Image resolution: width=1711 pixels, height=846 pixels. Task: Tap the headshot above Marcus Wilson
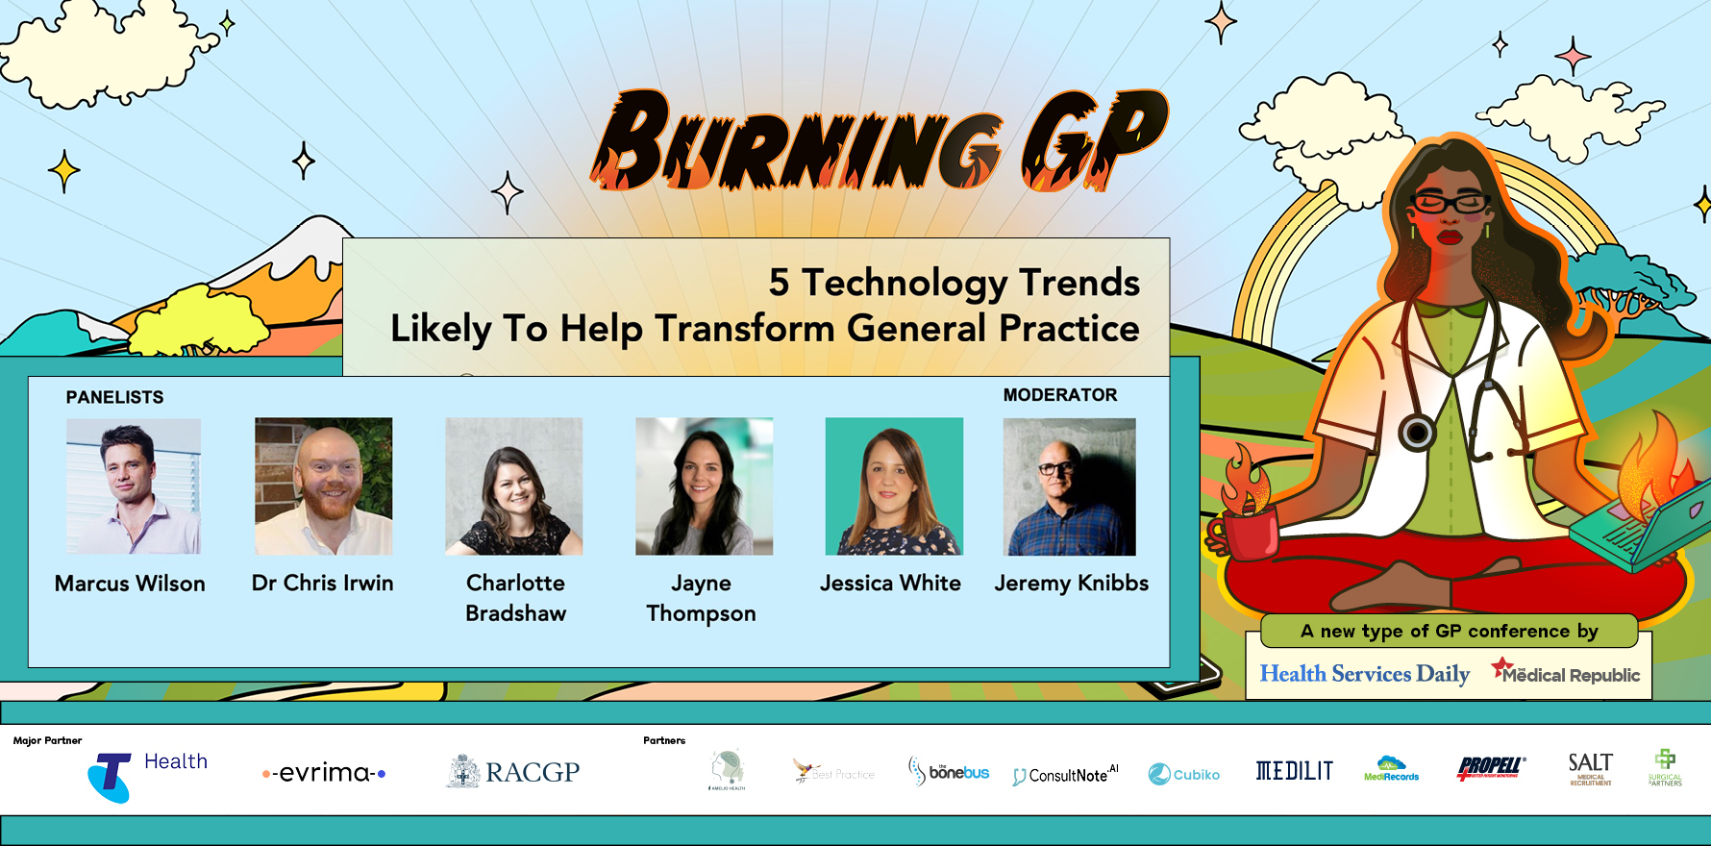point(134,485)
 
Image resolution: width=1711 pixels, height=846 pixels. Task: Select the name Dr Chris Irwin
point(322,583)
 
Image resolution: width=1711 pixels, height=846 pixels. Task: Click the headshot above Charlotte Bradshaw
point(513,485)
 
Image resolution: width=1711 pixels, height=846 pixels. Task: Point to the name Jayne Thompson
point(701,598)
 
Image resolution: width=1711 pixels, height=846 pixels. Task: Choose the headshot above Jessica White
point(894,485)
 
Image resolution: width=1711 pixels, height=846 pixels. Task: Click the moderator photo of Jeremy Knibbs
point(1069,485)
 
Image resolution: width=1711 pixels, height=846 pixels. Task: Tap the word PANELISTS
point(114,397)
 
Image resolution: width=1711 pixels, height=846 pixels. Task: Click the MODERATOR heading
point(1060,395)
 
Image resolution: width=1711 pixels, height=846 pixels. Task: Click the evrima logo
point(324,773)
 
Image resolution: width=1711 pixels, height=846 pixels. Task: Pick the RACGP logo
point(513,772)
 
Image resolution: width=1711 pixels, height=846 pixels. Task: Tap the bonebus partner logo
point(949,772)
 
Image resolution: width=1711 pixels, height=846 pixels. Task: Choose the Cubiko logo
point(1184,774)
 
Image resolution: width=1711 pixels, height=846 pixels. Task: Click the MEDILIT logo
point(1294,771)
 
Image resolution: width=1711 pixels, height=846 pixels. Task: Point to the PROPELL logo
point(1490,768)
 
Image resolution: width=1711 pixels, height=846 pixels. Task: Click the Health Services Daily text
point(1364,674)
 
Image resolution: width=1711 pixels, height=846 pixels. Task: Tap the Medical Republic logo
point(1566,673)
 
